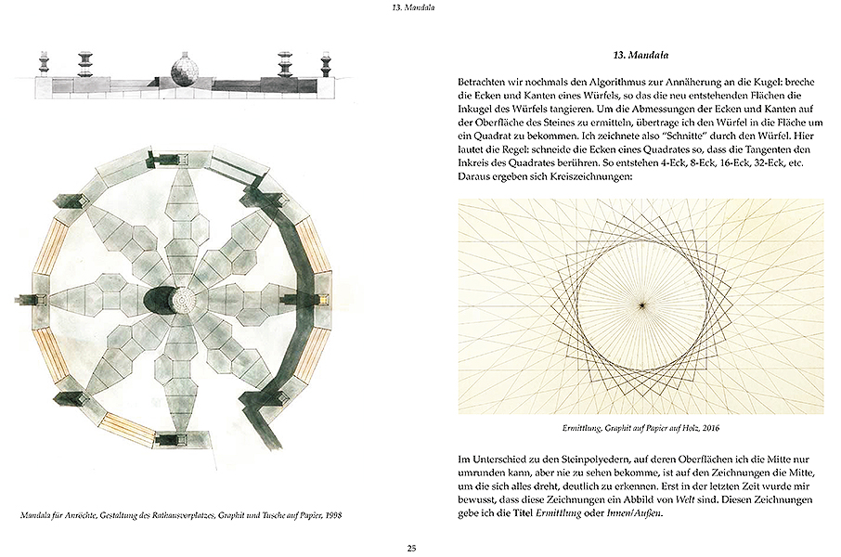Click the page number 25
click(x=411, y=547)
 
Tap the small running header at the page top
click(x=411, y=10)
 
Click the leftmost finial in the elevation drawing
click(x=44, y=62)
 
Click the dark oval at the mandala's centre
click(x=160, y=301)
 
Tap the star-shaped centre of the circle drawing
click(x=640, y=304)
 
